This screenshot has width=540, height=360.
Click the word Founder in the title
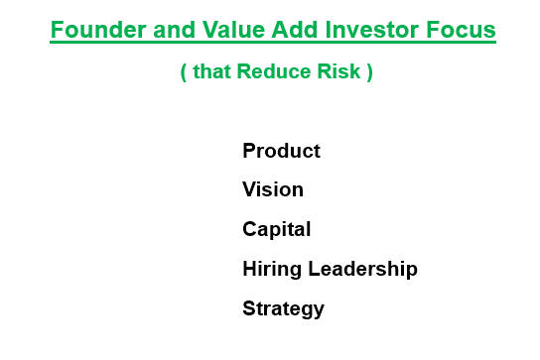[x=98, y=30]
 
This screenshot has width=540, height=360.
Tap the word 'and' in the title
[x=174, y=30]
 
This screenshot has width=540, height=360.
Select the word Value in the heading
[x=233, y=30]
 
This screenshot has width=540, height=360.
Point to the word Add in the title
[x=294, y=30]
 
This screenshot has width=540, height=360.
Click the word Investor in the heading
[x=371, y=30]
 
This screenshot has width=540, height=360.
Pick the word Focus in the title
[x=461, y=30]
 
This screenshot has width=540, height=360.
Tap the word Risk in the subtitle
[x=338, y=71]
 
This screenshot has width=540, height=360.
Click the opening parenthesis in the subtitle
[x=184, y=72]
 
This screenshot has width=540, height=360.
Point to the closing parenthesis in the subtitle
[x=370, y=72]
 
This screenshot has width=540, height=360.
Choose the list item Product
[x=281, y=151]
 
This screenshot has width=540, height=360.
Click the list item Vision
[x=273, y=189]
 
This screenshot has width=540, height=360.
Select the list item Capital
[x=277, y=230]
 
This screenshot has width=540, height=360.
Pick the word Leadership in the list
[x=362, y=269]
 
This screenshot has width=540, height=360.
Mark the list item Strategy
[x=284, y=308]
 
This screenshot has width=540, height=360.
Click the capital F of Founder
[x=57, y=30]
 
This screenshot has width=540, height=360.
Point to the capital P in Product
[x=249, y=151]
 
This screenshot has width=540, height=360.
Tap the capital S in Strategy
[x=250, y=308]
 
